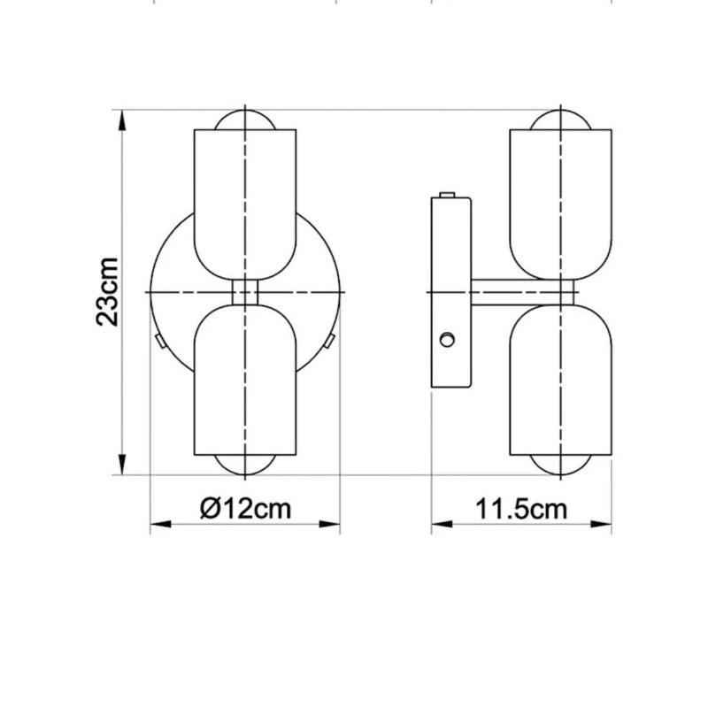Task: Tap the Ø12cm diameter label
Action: tap(245, 508)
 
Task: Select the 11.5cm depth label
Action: tap(522, 508)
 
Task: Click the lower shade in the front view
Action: tap(245, 381)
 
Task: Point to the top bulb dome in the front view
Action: tap(245, 120)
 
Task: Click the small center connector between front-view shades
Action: tap(245, 292)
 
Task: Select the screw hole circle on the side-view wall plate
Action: tap(449, 339)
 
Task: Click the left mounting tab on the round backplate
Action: tap(158, 340)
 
